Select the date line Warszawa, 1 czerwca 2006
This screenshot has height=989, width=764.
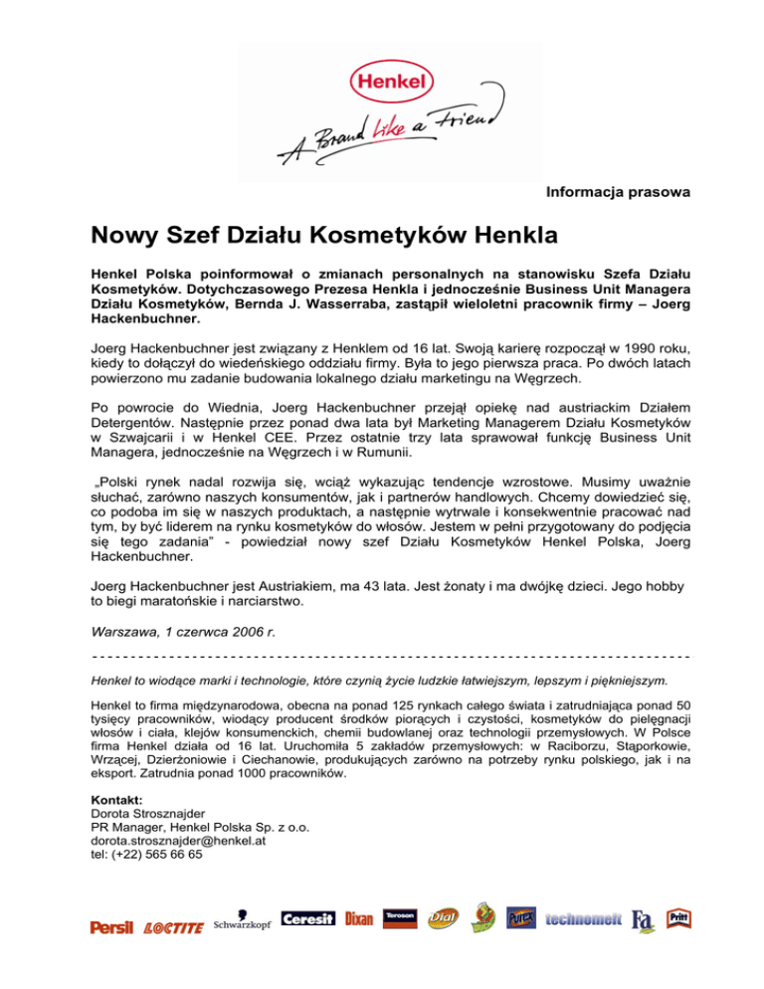[x=184, y=632]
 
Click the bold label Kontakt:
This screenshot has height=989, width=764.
[x=116, y=799]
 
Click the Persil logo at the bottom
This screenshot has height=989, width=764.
[x=111, y=927]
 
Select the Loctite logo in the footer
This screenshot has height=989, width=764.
[x=173, y=928]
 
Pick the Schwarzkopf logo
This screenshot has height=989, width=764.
[x=242, y=923]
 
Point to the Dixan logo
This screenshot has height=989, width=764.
[x=359, y=920]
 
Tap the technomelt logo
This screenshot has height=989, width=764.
[x=585, y=920]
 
